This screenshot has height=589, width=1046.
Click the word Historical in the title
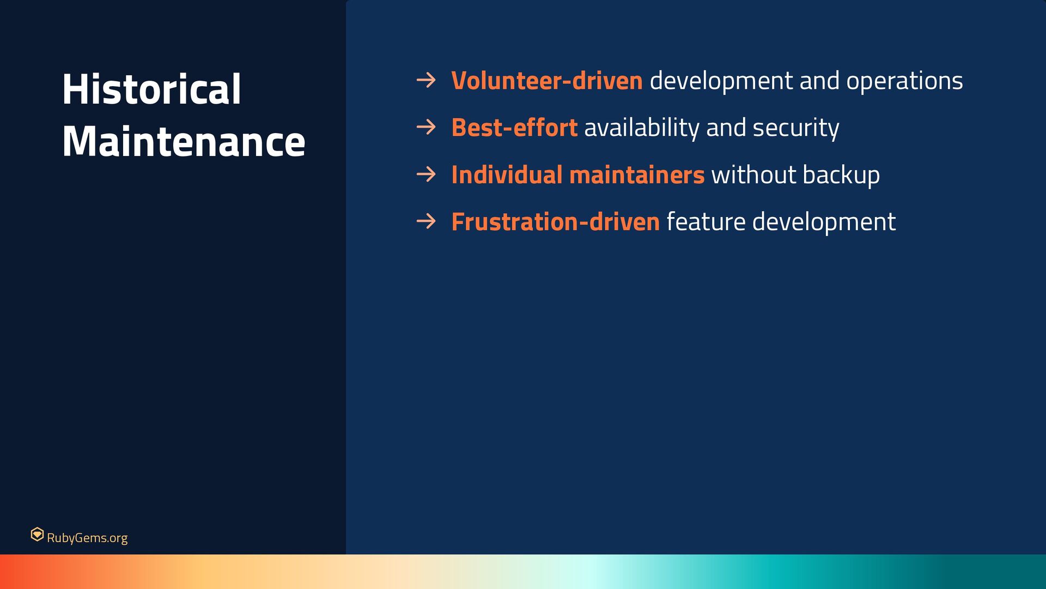pos(151,89)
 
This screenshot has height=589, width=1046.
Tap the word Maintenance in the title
pos(184,141)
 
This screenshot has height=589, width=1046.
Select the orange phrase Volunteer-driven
pos(547,81)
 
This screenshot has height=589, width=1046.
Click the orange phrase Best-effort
pos(514,128)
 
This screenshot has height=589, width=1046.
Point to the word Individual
pos(507,175)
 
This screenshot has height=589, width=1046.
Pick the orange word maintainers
pos(637,175)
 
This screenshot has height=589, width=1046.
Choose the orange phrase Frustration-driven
pos(556,221)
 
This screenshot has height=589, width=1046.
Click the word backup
pos(841,176)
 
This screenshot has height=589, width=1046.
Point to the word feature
pos(706,222)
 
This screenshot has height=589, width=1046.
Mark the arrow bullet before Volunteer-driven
pos(426,81)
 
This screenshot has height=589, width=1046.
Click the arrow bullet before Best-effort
pos(426,128)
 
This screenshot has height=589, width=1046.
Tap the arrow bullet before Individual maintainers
pos(426,175)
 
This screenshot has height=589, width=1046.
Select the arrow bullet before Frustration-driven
pos(426,221)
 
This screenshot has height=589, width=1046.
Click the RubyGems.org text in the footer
pos(87,538)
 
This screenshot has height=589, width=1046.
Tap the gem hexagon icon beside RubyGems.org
pos(37,534)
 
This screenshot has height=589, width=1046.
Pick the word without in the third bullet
pos(754,175)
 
